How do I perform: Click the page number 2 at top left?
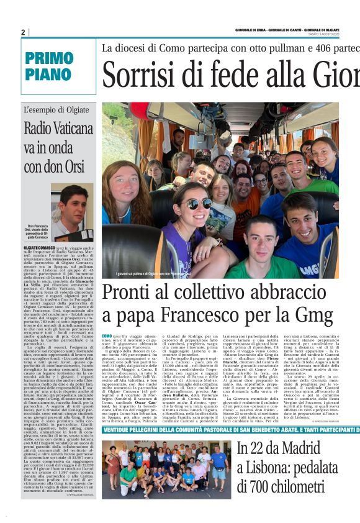point(23,32)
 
